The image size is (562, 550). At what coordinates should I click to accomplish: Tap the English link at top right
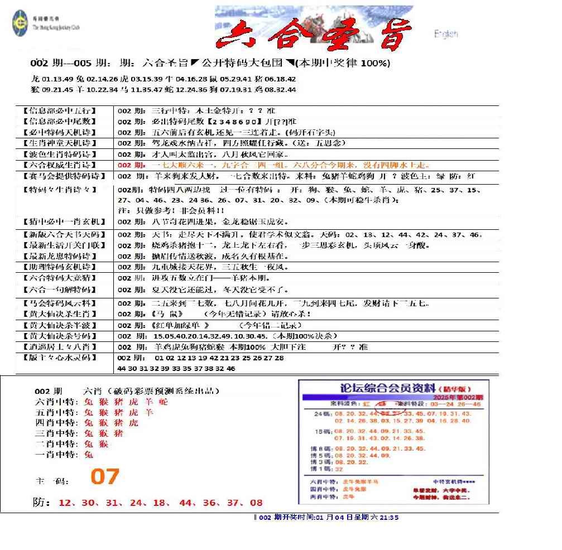click(446, 34)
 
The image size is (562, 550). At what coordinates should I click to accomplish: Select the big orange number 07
click(105, 477)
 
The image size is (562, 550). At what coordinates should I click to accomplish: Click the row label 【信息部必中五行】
click(59, 110)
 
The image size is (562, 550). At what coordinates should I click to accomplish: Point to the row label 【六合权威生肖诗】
click(59, 165)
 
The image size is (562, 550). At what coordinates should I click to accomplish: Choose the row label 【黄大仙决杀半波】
click(59, 325)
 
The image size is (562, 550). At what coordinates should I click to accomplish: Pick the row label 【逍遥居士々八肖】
click(59, 347)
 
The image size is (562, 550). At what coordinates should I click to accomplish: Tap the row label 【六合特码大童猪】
click(59, 278)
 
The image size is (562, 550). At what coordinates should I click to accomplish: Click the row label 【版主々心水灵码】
click(59, 358)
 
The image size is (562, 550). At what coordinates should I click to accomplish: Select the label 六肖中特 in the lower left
click(56, 402)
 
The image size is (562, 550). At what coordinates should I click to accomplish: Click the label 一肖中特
click(56, 455)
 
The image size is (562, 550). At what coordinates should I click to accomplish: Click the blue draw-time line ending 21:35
click(326, 518)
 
